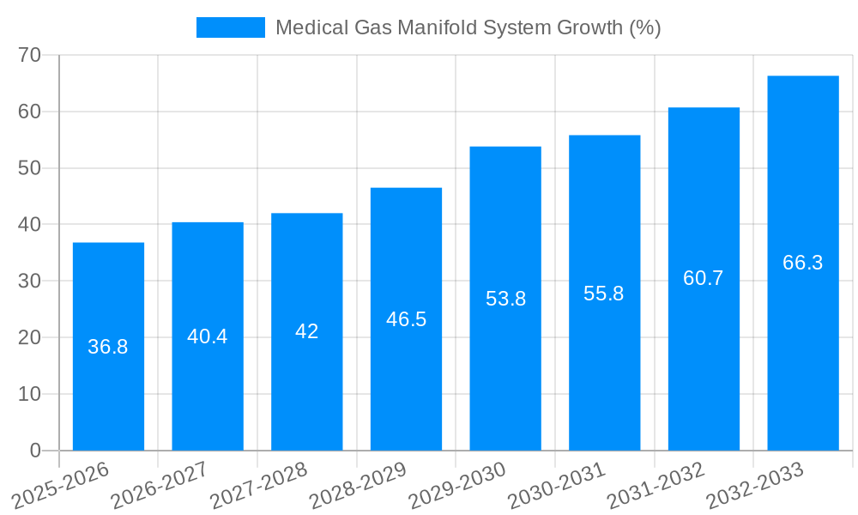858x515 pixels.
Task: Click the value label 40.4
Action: click(208, 336)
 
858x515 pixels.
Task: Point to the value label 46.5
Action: click(406, 319)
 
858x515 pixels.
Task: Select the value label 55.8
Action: click(604, 294)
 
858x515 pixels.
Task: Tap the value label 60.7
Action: click(704, 278)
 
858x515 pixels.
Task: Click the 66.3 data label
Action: click(803, 263)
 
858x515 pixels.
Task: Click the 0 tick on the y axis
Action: click(35, 451)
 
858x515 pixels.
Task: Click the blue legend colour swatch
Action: click(231, 27)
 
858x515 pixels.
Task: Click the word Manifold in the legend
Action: click(441, 27)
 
